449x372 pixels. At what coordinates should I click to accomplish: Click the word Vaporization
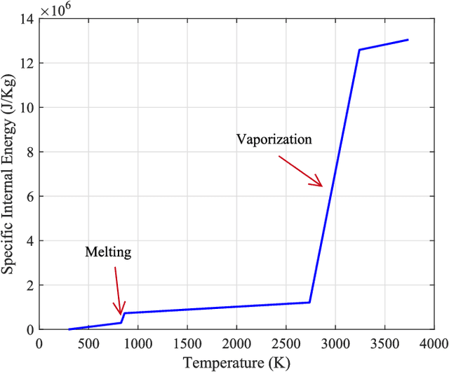(x=274, y=139)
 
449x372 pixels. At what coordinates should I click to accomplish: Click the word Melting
(x=108, y=252)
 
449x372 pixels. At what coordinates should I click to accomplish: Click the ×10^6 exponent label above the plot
(x=56, y=11)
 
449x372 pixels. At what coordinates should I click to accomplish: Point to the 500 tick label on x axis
(x=88, y=343)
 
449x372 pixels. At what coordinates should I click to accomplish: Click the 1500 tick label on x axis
(x=187, y=343)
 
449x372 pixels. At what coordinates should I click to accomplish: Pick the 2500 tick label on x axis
(x=286, y=343)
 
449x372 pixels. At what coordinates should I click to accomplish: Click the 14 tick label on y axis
(x=27, y=19)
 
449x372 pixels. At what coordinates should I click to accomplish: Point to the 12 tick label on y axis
(x=27, y=63)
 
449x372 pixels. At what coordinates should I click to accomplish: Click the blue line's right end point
(x=408, y=40)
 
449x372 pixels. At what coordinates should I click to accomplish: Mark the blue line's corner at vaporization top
(x=359, y=50)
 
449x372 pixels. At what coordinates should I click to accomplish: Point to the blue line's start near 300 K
(x=69, y=329)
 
